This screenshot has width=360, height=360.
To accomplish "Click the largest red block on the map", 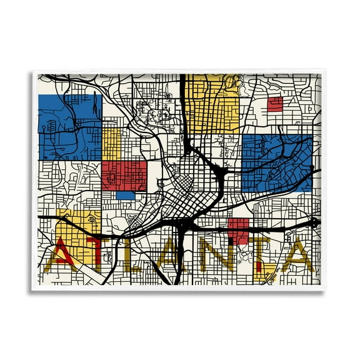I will [x=124, y=176].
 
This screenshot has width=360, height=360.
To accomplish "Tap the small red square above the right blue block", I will [x=274, y=104].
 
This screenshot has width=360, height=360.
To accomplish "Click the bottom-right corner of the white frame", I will [x=327, y=289].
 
